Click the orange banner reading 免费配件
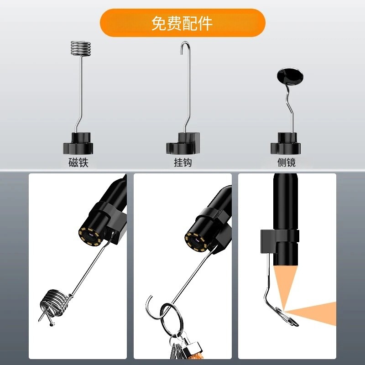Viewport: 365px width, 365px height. pos(182,23)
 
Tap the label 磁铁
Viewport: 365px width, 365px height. pos(78,162)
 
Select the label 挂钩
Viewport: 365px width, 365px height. pos(183,162)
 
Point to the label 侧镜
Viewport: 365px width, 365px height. pos(287,162)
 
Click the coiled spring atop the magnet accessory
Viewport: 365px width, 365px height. pos(81,49)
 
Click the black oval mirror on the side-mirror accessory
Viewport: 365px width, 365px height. pos(290,76)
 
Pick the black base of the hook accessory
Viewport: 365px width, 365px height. pos(183,143)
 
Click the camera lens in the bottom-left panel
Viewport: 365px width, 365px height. pos(90,236)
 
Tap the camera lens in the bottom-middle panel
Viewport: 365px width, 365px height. pos(196,242)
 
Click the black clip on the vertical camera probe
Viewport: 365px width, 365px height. pos(279,241)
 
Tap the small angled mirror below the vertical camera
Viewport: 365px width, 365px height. pos(287,317)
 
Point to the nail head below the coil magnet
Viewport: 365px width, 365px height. pos(52,324)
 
